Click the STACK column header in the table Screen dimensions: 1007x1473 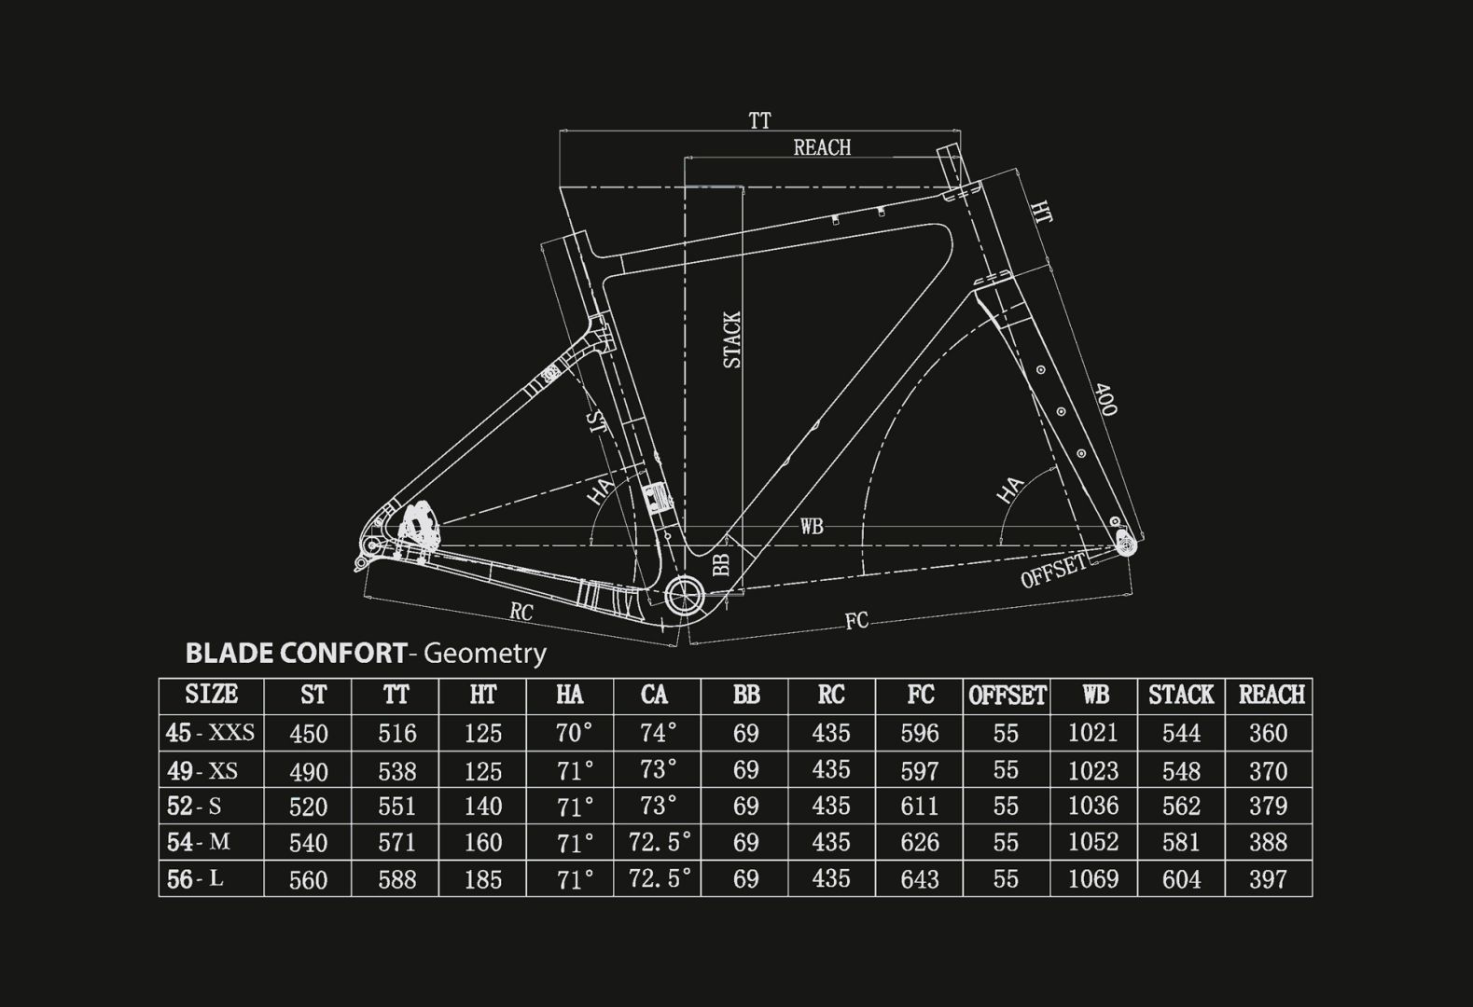click(1180, 695)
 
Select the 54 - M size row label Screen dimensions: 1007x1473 click(198, 843)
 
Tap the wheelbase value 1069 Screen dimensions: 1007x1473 click(1093, 879)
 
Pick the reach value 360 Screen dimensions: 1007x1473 click(1268, 734)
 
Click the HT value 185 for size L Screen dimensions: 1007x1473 click(483, 879)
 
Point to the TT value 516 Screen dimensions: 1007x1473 click(396, 734)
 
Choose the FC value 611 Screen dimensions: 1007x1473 click(919, 807)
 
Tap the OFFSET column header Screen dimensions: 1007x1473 click(1007, 696)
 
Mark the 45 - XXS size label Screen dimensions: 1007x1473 click(210, 733)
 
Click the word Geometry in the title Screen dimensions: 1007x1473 click(485, 653)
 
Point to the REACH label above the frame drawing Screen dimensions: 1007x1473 click(822, 147)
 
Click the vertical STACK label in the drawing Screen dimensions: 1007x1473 click(732, 339)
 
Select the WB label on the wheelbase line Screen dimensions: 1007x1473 click(812, 527)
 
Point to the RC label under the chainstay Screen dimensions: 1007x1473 click(521, 613)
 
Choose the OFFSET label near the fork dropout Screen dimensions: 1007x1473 click(1053, 570)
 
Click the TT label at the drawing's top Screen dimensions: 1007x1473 click(759, 121)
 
